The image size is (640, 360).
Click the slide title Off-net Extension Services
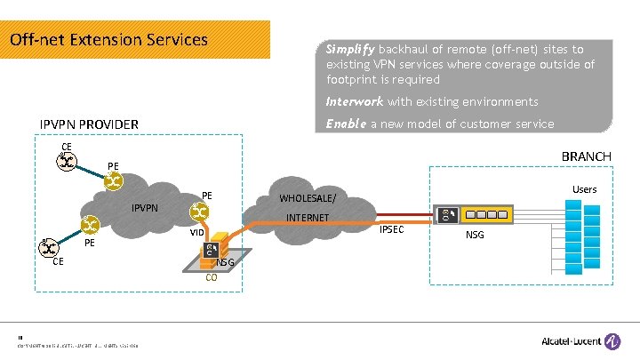click(108, 40)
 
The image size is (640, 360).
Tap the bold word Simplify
click(348, 50)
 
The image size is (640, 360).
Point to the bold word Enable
click(346, 124)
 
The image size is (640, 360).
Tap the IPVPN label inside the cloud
click(145, 208)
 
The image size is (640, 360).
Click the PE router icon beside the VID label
click(200, 212)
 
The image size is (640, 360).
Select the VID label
click(196, 233)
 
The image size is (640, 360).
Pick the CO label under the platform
click(212, 277)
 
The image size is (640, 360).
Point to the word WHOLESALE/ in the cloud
click(308, 197)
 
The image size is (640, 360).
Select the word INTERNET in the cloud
click(308, 218)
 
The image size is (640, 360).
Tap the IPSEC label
click(392, 230)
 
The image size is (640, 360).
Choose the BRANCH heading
click(586, 156)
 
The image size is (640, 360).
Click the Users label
click(584, 189)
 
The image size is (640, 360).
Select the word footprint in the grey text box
click(354, 79)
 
